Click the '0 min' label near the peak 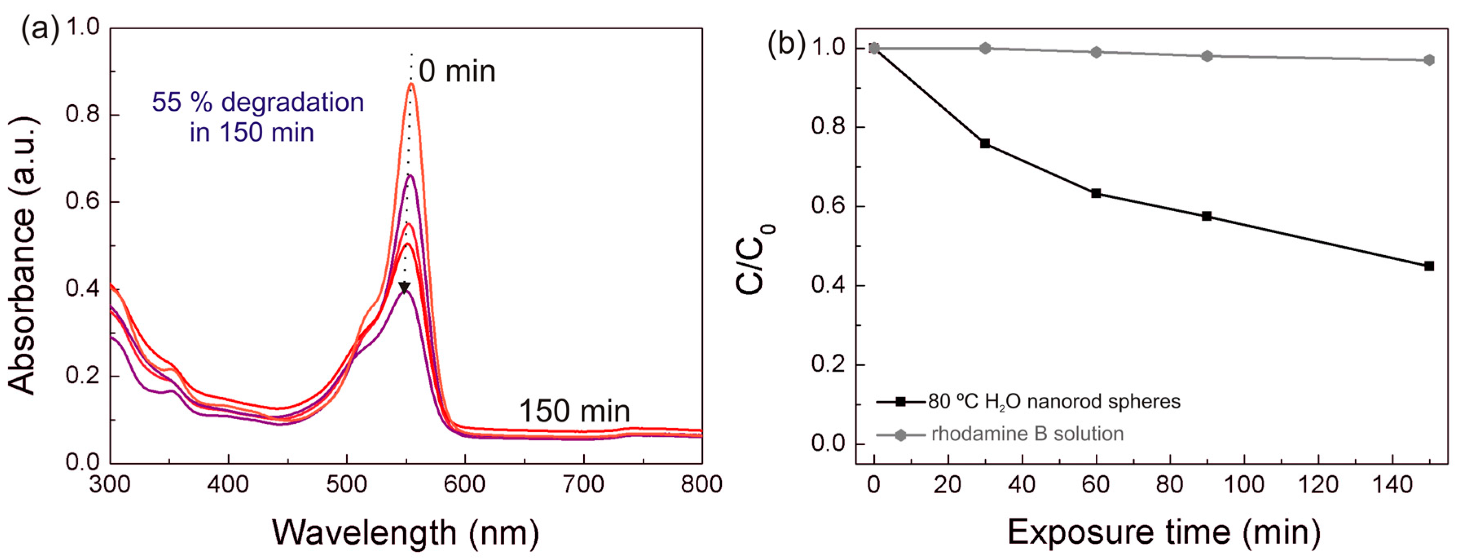457,72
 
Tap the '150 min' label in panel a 574,411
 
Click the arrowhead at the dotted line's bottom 404,288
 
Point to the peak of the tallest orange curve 412,84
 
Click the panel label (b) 786,44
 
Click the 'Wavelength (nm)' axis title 406,532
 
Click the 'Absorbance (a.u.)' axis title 23,256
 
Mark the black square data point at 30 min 985,144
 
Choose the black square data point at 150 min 1429,266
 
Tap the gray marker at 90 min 1207,56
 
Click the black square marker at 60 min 1096,193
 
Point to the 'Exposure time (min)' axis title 1163,532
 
